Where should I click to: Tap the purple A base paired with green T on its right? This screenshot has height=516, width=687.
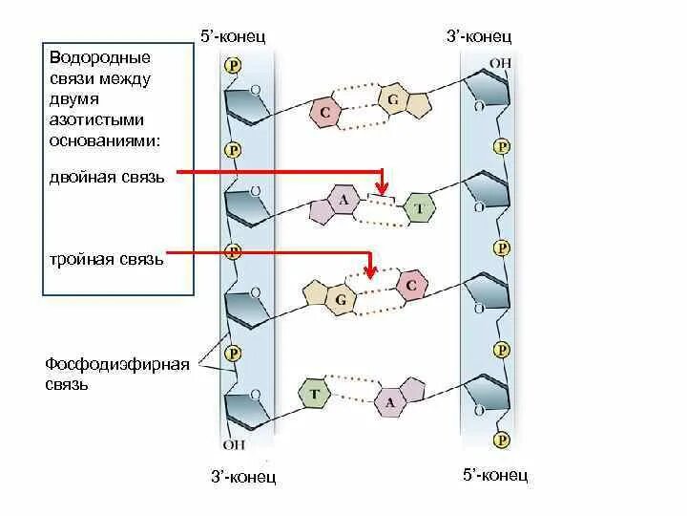(x=342, y=202)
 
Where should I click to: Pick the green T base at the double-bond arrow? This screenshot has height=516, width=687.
(x=417, y=209)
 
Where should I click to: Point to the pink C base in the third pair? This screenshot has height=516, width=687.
(x=410, y=286)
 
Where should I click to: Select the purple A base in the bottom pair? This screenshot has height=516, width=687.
(x=389, y=402)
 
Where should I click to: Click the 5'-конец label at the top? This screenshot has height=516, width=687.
(x=232, y=36)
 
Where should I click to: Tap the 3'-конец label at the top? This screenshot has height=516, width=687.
(x=479, y=36)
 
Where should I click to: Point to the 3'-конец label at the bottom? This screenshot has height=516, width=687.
(x=242, y=476)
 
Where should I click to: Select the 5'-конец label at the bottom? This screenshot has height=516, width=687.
(x=494, y=474)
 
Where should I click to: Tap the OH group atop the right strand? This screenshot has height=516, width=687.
(x=500, y=64)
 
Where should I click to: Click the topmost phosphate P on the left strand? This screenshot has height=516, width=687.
(x=232, y=65)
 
